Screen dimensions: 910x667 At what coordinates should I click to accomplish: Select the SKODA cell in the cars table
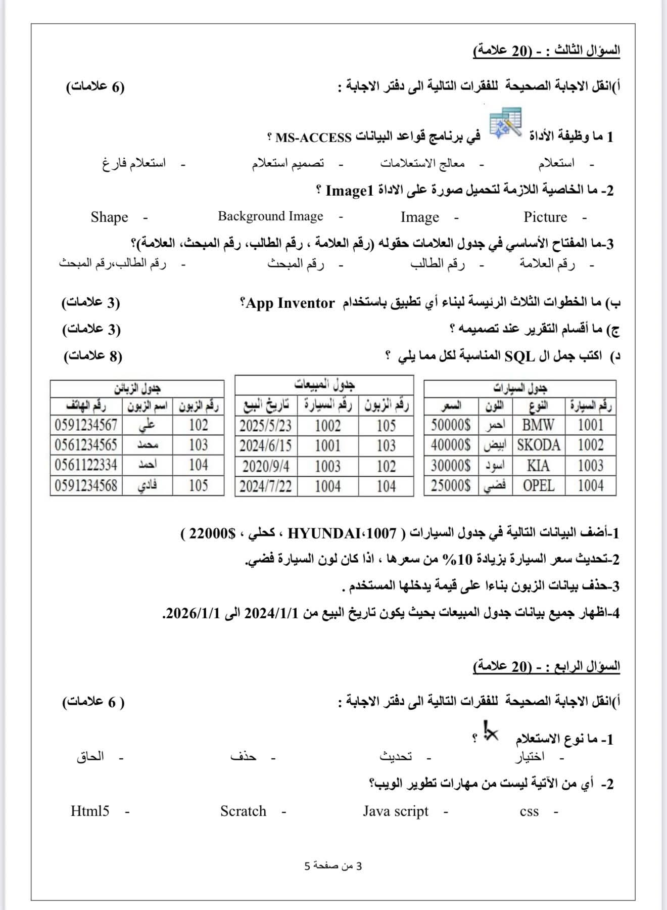coord(539,445)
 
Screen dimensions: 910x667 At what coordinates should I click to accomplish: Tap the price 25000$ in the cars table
coord(451,486)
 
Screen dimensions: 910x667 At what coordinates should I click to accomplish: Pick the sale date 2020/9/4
coord(266,466)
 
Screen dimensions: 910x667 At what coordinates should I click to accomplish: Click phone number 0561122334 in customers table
coord(86,465)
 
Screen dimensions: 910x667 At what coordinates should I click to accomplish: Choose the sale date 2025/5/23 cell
coord(266,425)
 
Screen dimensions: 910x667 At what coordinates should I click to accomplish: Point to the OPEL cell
coord(539,486)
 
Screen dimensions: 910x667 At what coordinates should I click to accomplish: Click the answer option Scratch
coord(243,811)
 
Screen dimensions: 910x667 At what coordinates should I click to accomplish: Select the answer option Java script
coord(395,811)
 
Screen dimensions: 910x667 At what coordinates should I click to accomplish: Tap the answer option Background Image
coord(270,216)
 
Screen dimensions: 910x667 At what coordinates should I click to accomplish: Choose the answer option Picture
coord(545,217)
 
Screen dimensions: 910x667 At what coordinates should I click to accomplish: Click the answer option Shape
coord(109,217)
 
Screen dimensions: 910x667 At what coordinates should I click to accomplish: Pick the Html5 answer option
coord(90,811)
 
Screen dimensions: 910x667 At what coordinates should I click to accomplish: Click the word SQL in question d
coord(519,356)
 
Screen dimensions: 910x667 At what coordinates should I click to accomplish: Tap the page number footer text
coord(333,866)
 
